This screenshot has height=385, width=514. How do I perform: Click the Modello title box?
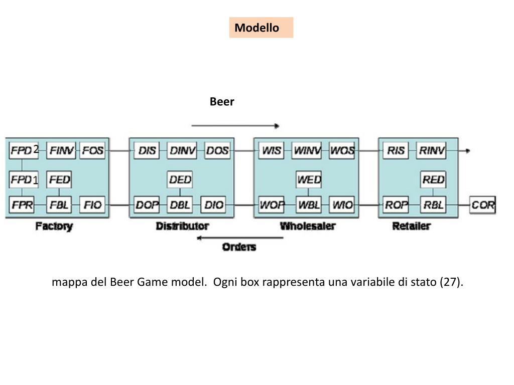pyautogui.click(x=261, y=28)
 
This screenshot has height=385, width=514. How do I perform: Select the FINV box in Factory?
pyautogui.click(x=61, y=150)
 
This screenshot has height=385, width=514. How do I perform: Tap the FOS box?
pyautogui.click(x=92, y=150)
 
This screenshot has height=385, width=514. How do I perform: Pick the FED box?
pyautogui.click(x=59, y=179)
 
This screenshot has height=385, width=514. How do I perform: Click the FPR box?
pyautogui.click(x=22, y=205)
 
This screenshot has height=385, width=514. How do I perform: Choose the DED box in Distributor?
pyautogui.click(x=180, y=179)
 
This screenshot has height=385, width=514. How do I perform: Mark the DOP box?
pyautogui.click(x=147, y=205)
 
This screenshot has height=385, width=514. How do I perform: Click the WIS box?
pyautogui.click(x=271, y=150)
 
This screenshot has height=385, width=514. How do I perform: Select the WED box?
pyautogui.click(x=309, y=179)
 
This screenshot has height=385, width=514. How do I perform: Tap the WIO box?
pyautogui.click(x=342, y=205)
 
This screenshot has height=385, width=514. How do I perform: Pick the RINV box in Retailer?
pyautogui.click(x=432, y=150)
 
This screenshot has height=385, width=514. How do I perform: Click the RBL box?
pyautogui.click(x=433, y=205)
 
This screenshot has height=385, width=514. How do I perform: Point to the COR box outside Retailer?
pyautogui.click(x=482, y=205)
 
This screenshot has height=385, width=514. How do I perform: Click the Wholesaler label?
pyautogui.click(x=307, y=226)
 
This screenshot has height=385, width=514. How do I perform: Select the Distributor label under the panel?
pyautogui.click(x=182, y=226)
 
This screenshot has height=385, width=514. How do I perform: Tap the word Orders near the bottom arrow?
pyautogui.click(x=239, y=247)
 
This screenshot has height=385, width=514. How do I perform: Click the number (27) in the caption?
pyautogui.click(x=450, y=282)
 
